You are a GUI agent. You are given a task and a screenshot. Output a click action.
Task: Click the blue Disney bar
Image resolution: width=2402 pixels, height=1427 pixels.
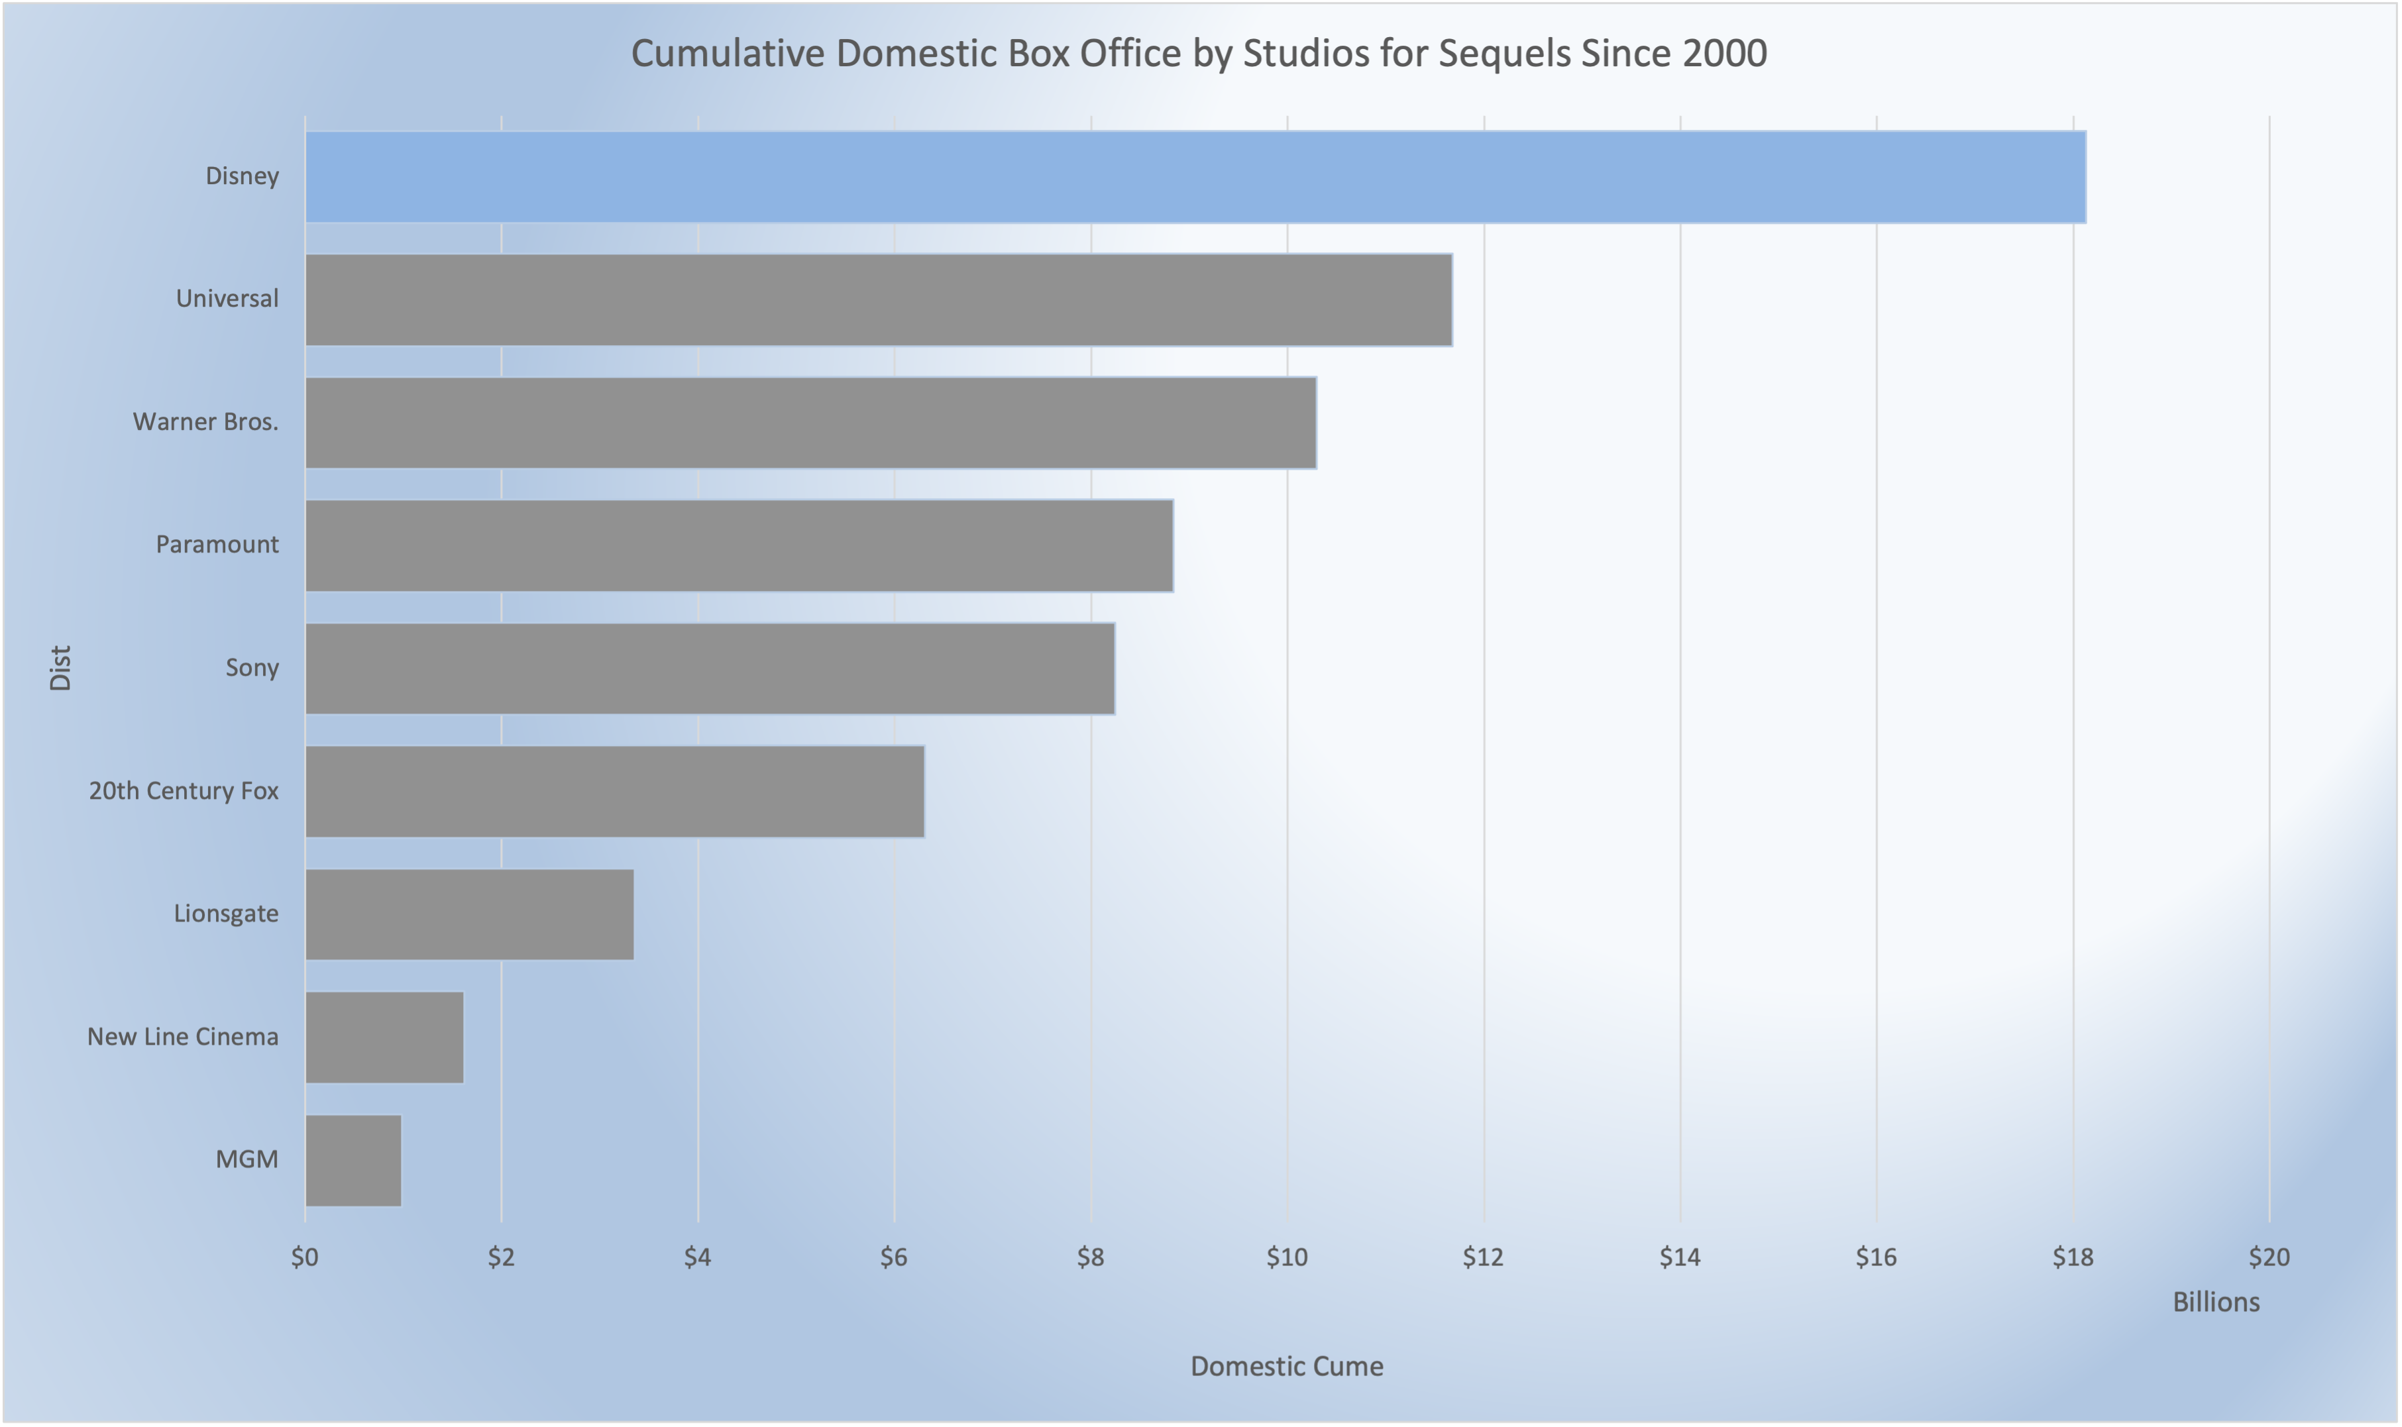pos(1195,177)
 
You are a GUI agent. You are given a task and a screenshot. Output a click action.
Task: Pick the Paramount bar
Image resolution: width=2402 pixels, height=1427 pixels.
pos(739,545)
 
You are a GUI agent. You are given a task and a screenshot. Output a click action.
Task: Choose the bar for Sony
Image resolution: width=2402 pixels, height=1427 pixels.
pos(710,668)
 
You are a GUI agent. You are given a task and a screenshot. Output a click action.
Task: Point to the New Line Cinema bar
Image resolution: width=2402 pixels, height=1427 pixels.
pos(384,1037)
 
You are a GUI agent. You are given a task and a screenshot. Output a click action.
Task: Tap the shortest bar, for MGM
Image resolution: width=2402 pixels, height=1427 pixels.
pos(354,1161)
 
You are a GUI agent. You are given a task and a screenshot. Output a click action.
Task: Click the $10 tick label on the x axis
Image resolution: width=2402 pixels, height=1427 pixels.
pos(1287,1257)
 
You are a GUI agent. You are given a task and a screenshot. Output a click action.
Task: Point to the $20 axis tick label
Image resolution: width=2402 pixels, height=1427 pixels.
pos(2268,1257)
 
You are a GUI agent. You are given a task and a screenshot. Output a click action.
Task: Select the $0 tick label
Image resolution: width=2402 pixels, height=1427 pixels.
pos(305,1257)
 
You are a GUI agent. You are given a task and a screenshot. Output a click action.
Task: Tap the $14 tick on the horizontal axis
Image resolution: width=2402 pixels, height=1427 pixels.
pos(1680,1257)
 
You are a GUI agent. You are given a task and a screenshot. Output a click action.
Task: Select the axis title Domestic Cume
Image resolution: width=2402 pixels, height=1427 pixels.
pos(1287,1367)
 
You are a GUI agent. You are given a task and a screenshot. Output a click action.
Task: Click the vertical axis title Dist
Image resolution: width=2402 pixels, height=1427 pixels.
pos(60,668)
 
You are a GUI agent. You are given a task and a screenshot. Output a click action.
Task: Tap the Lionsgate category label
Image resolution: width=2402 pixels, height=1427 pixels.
pos(226,914)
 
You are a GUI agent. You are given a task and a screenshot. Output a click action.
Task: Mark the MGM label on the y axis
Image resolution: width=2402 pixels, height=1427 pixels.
pos(247,1159)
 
